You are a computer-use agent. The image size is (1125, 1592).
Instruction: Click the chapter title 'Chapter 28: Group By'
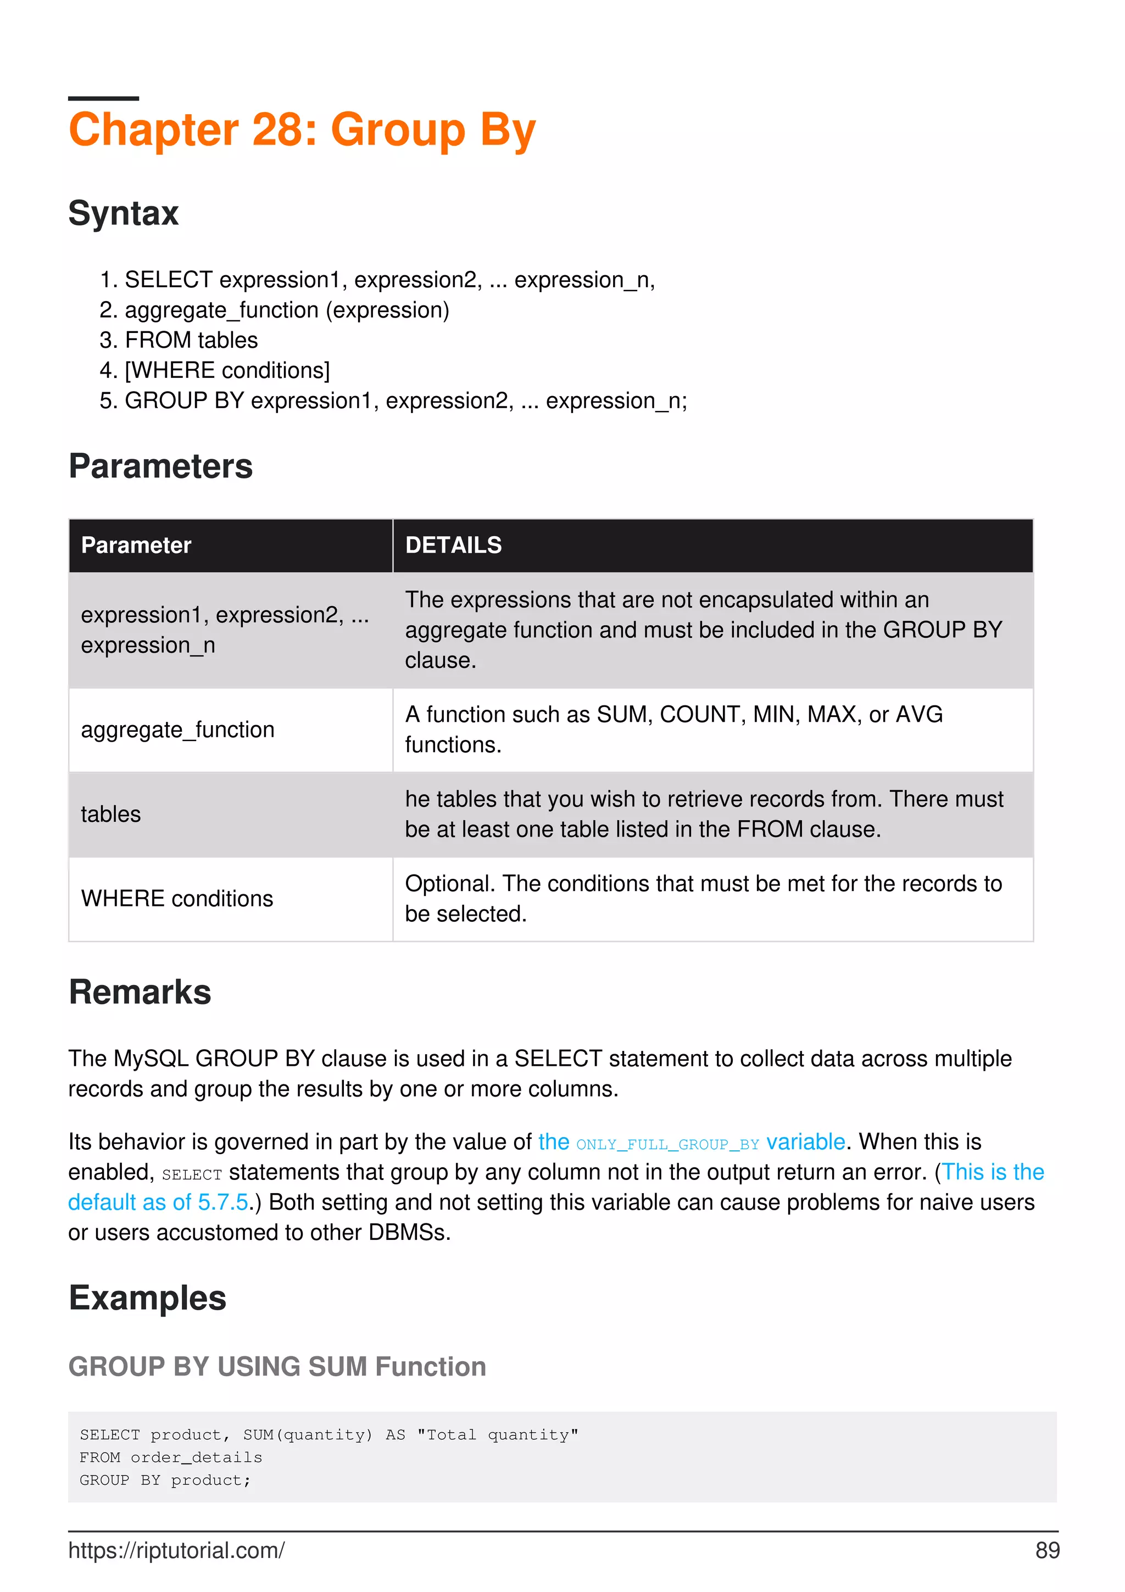coord(302,130)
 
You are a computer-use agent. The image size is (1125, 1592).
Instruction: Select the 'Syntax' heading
coord(124,213)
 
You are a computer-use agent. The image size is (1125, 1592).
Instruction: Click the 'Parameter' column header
coord(136,545)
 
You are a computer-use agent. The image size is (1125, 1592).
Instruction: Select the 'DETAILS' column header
coord(453,545)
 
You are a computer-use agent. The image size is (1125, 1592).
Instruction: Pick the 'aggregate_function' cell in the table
coord(177,730)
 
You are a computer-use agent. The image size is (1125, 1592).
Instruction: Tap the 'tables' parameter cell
coord(111,814)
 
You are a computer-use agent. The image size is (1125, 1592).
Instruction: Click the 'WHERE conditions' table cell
coord(177,899)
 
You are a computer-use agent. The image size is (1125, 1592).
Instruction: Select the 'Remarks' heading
coord(140,992)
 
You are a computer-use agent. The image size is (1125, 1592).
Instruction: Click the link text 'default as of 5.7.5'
coord(158,1203)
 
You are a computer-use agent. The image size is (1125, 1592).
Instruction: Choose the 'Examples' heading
coord(147,1298)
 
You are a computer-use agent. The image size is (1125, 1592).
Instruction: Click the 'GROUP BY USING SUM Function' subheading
coord(277,1367)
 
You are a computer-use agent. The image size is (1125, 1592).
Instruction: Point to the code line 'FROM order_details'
coord(170,1457)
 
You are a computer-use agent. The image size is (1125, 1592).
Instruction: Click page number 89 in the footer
coord(1046,1550)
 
